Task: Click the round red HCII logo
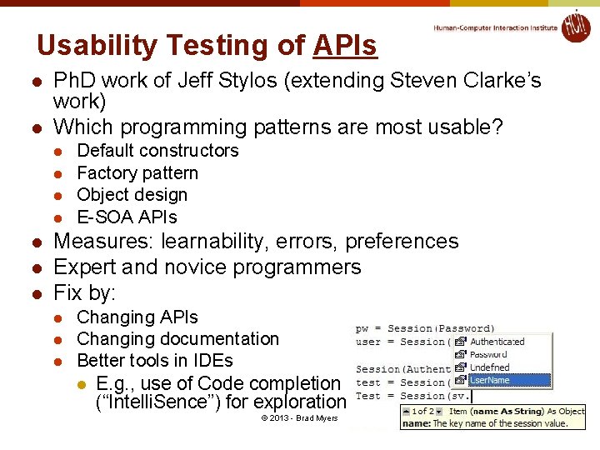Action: point(576,27)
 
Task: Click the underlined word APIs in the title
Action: point(345,46)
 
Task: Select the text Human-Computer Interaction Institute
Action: point(495,27)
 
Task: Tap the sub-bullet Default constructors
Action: point(157,151)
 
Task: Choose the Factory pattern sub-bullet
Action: point(137,173)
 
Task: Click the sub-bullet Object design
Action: point(132,195)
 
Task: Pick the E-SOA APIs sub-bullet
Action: point(127,217)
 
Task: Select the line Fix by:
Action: point(84,293)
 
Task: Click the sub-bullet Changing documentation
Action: point(177,339)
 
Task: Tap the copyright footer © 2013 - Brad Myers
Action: point(299,417)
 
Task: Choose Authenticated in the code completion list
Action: point(497,342)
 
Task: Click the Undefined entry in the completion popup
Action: point(489,367)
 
